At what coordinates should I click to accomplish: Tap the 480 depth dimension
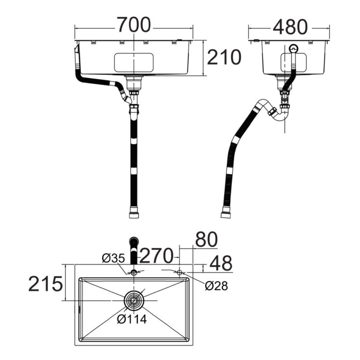[x=290, y=27]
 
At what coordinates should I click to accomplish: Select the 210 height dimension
[x=224, y=57]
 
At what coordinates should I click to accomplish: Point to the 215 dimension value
[x=45, y=284]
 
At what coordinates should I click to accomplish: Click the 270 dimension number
[x=157, y=255]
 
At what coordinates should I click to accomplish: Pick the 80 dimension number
[x=206, y=239]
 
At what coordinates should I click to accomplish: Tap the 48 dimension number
[x=221, y=263]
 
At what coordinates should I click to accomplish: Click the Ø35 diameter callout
[x=113, y=258]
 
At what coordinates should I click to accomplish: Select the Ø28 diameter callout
[x=216, y=286]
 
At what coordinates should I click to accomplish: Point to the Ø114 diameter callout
[x=132, y=319]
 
